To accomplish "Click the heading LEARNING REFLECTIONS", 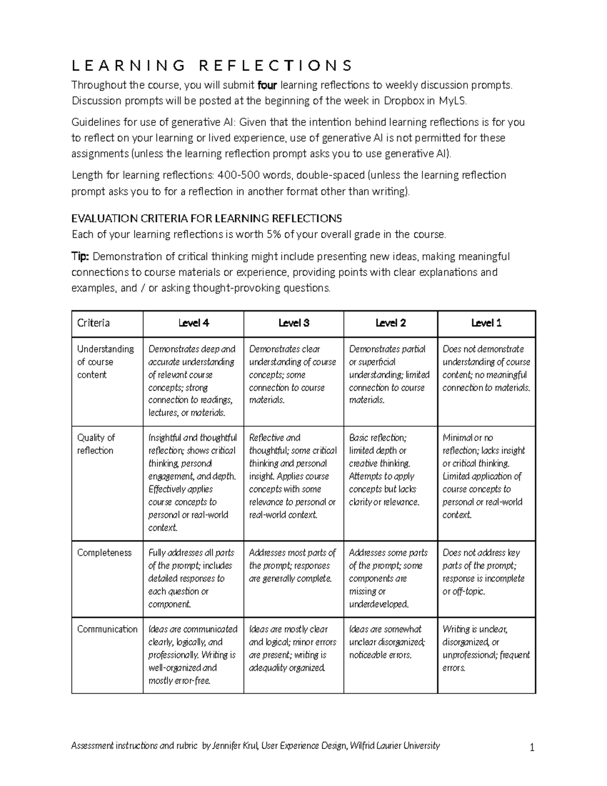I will click(211, 66).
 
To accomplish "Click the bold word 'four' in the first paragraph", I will click(267, 85).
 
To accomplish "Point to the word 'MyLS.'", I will click(450, 101).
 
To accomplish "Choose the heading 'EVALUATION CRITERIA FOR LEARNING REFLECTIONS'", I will click(206, 219).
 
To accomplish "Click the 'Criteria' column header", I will click(94, 323).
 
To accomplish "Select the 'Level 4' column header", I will click(193, 323).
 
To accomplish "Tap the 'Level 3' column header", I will click(293, 323).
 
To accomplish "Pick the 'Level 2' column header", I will click(390, 323).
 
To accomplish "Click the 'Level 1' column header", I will click(486, 323).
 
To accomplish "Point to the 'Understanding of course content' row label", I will click(105, 362).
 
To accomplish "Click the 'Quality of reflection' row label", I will click(96, 444).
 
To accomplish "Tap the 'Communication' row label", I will click(107, 629).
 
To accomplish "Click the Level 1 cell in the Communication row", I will click(486, 648).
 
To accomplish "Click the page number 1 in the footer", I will click(532, 748).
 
